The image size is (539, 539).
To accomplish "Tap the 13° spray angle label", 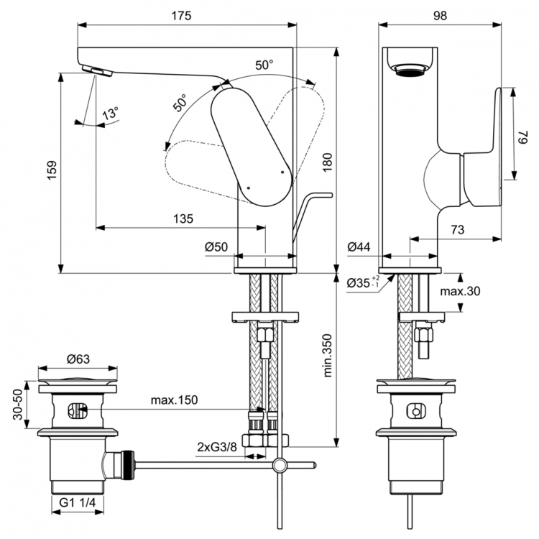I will pos(110,114).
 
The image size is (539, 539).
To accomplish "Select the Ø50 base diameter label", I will pos(216,247).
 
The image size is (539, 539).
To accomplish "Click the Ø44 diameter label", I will pos(359,247).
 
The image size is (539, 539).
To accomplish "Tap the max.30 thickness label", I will pos(460,291).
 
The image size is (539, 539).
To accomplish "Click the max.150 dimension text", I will pos(174,400).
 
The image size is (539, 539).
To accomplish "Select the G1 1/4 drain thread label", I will pos(78,503).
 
